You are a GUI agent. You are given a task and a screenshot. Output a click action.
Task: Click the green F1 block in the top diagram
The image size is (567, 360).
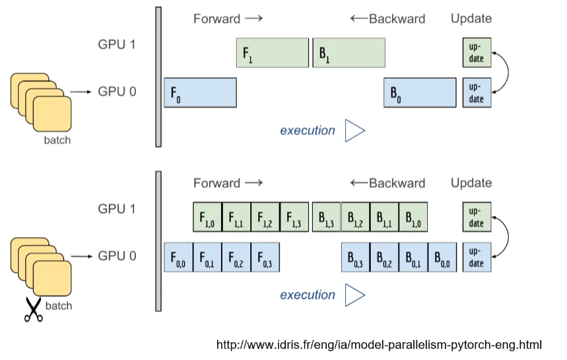click(272, 53)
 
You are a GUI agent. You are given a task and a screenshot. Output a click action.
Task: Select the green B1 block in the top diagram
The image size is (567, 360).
click(349, 53)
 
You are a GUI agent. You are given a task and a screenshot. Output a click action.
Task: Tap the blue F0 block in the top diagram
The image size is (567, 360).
click(199, 92)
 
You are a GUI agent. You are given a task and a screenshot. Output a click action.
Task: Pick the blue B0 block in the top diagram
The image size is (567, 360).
click(420, 92)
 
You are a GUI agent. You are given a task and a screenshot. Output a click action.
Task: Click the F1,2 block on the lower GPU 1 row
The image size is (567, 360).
click(265, 217)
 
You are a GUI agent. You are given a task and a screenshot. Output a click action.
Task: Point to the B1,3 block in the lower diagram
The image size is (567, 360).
click(326, 217)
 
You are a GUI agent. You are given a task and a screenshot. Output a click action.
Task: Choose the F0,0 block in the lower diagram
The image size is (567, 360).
click(178, 256)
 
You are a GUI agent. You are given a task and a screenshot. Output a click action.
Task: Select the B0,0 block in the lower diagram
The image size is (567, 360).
click(442, 256)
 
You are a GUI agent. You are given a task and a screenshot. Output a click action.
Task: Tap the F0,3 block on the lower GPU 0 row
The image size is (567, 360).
click(265, 256)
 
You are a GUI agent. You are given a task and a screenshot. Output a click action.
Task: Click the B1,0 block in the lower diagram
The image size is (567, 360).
click(413, 217)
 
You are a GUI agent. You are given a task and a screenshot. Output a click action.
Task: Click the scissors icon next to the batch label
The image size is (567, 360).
click(33, 310)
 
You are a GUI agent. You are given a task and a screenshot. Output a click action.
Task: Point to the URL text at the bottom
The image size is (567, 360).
click(379, 345)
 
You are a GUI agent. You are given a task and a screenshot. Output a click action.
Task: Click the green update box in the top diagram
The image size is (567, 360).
click(477, 53)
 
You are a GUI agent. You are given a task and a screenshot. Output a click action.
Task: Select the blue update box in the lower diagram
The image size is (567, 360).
click(477, 256)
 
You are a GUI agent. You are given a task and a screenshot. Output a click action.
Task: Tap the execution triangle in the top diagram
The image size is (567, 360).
click(354, 130)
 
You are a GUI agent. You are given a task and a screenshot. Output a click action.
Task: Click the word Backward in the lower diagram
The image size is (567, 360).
click(397, 183)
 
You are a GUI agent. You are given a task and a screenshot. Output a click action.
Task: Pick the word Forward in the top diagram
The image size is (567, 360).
click(217, 18)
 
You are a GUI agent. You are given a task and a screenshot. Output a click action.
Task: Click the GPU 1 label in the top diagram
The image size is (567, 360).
click(117, 45)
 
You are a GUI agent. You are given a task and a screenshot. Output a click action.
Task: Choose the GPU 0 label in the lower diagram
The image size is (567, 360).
click(117, 256)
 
